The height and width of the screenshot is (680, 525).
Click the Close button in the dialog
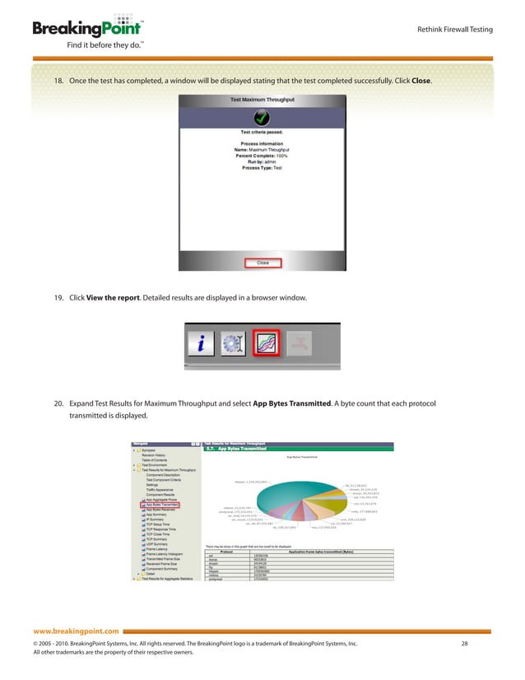[262, 263]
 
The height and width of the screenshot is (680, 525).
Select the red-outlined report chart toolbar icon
[264, 342]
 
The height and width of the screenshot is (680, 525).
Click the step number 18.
[58, 82]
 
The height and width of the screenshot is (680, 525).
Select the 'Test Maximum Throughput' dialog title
[262, 99]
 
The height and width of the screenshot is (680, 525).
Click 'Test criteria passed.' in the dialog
[262, 132]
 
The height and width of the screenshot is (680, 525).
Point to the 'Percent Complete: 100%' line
[262, 156]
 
